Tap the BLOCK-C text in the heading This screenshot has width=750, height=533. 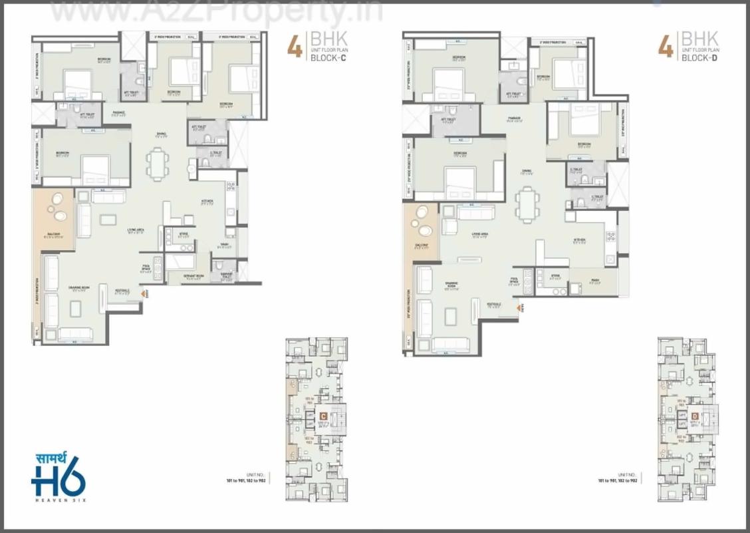point(328,58)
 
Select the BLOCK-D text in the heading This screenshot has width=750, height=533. point(699,58)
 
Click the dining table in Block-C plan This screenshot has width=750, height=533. point(158,163)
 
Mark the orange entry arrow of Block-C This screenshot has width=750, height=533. point(145,291)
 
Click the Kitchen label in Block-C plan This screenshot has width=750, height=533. point(207,202)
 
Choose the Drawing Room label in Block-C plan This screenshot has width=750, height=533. point(78,288)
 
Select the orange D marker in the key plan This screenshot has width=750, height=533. point(695,417)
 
